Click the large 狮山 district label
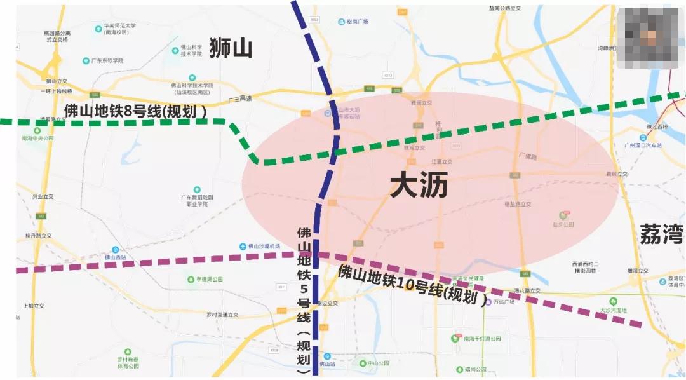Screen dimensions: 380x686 click(x=231, y=49)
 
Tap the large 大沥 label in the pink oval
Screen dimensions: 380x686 click(x=419, y=186)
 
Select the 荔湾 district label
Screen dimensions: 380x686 click(x=661, y=233)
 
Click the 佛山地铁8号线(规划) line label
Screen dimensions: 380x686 click(x=135, y=111)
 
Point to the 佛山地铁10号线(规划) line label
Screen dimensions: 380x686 click(x=412, y=283)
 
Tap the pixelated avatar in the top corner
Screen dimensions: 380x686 click(x=650, y=38)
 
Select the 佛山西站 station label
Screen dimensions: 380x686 click(x=115, y=257)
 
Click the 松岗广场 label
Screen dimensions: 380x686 click(x=358, y=22)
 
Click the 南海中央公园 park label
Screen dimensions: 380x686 click(x=37, y=138)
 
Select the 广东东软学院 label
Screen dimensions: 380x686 click(x=107, y=61)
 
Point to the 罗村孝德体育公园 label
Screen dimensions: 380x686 click(x=128, y=363)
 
